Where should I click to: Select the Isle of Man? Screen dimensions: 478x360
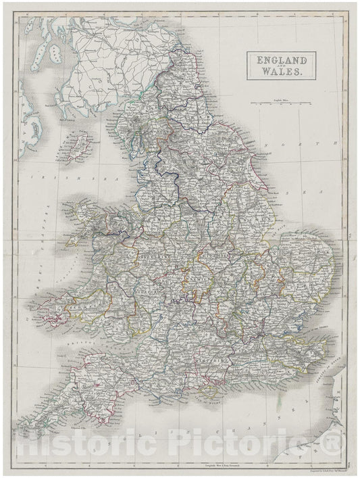[x=79, y=144]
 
